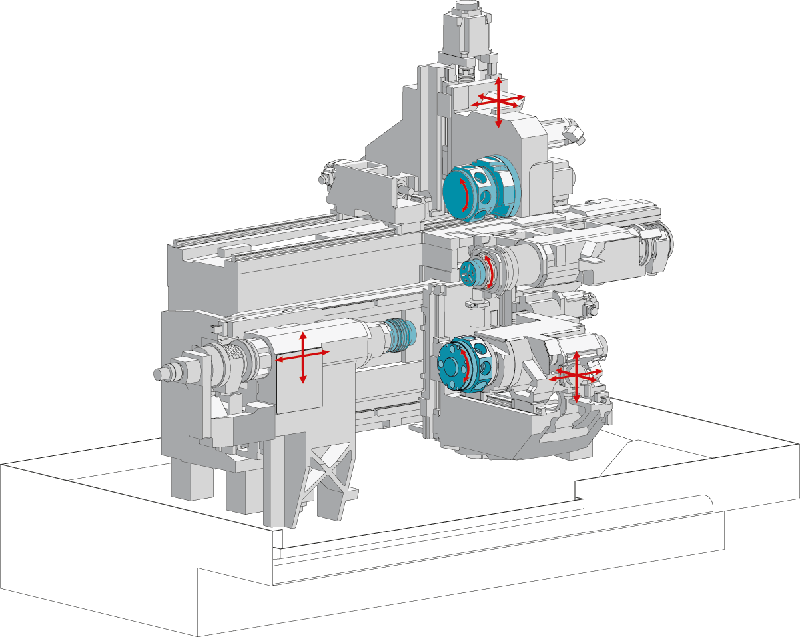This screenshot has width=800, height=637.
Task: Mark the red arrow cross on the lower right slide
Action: [x=576, y=375]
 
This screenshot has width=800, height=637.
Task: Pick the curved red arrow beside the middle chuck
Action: [x=490, y=272]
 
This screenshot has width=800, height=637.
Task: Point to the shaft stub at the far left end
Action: [x=161, y=373]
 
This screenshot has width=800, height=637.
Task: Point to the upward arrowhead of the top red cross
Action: [x=498, y=80]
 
